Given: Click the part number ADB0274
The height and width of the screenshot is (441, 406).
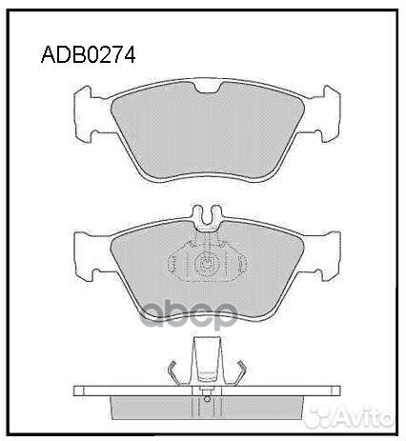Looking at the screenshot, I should click(89, 54).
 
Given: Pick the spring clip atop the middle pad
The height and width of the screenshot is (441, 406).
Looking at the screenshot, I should click(206, 218).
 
